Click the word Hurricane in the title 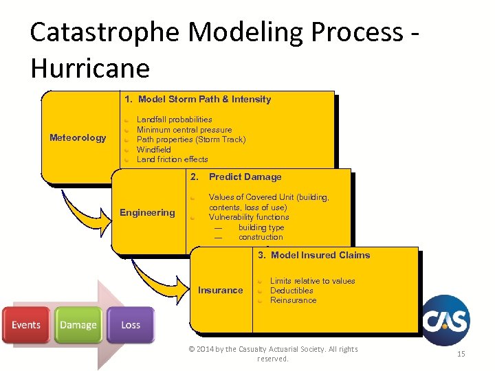90,68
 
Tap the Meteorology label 78,138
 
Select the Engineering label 147,212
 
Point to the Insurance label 220,290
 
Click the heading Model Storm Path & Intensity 198,99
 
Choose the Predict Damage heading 245,177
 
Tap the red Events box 26,325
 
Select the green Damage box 78,325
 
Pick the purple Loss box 131,325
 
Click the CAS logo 445,320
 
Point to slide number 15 461,353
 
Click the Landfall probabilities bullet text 174,120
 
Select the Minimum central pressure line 184,130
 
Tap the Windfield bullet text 153,149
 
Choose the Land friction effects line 172,159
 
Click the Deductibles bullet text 291,291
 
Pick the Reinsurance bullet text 293,300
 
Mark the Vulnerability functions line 249,217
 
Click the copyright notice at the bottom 273,354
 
